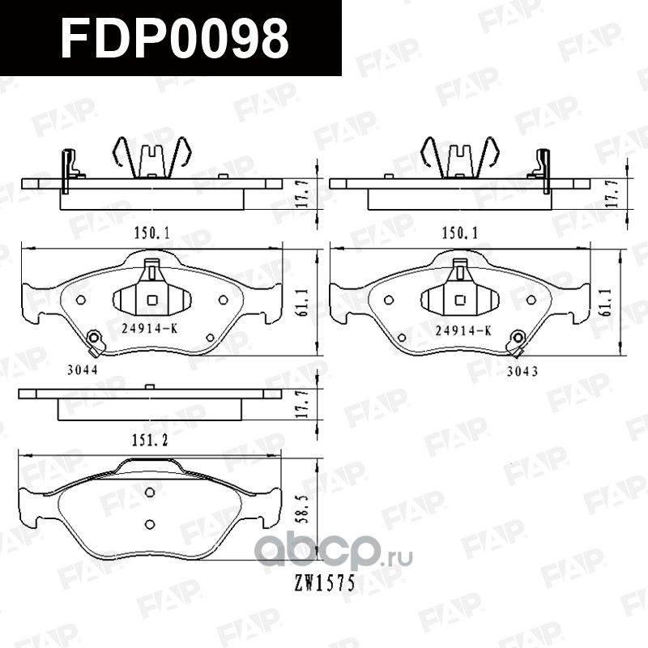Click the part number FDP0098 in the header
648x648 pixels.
tap(174, 38)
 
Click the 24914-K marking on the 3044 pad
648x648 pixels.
tap(149, 330)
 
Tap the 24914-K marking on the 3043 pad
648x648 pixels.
tap(463, 330)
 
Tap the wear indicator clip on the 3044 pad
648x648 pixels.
tap(96, 343)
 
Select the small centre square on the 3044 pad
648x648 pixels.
tap(151, 301)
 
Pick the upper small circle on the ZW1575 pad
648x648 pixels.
tap(149, 492)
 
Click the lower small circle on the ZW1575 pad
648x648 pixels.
tap(149, 522)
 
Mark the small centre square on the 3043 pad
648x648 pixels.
tap(459, 301)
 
